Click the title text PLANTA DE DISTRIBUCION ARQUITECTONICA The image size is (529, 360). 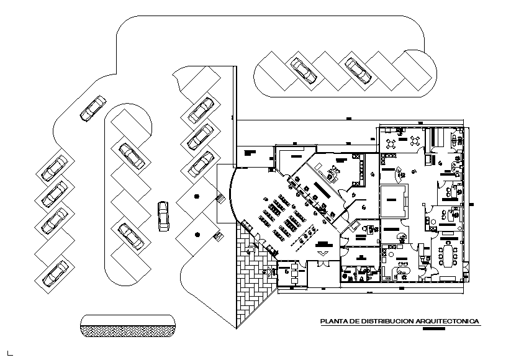pyautogui.click(x=399, y=322)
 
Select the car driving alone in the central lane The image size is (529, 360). pyautogui.click(x=163, y=215)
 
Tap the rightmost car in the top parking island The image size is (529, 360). pyautogui.click(x=358, y=70)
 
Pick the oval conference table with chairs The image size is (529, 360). pyautogui.click(x=448, y=253)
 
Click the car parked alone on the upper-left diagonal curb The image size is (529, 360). pyautogui.click(x=93, y=109)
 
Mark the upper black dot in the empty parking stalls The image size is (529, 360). pyautogui.click(x=197, y=197)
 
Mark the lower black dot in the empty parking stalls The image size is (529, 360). pyautogui.click(x=197, y=234)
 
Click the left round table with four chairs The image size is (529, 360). pyautogui.click(x=391, y=143)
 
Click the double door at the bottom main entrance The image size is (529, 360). pyautogui.click(x=323, y=253)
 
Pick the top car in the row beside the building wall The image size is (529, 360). pyautogui.click(x=201, y=109)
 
